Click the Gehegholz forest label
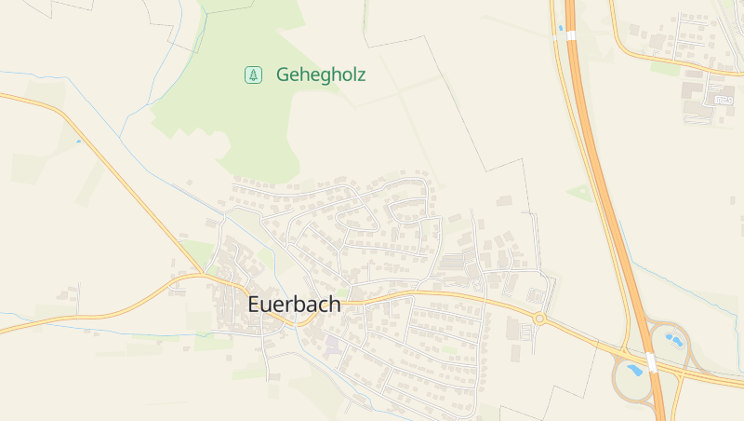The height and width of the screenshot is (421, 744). [x=320, y=75]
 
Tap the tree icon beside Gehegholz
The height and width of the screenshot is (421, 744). [x=253, y=75]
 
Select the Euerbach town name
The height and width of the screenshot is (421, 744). [x=294, y=305]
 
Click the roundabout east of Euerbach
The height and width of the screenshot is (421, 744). [x=539, y=319]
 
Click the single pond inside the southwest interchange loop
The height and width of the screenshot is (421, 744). [x=635, y=370]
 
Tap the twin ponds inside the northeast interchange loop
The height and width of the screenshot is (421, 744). [x=674, y=340]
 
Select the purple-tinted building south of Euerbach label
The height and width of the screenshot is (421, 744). [x=332, y=346]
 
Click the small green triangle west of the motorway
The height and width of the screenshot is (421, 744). [x=580, y=193]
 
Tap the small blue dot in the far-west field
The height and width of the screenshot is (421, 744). [x=78, y=142]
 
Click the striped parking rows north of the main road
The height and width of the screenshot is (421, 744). [x=454, y=262]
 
